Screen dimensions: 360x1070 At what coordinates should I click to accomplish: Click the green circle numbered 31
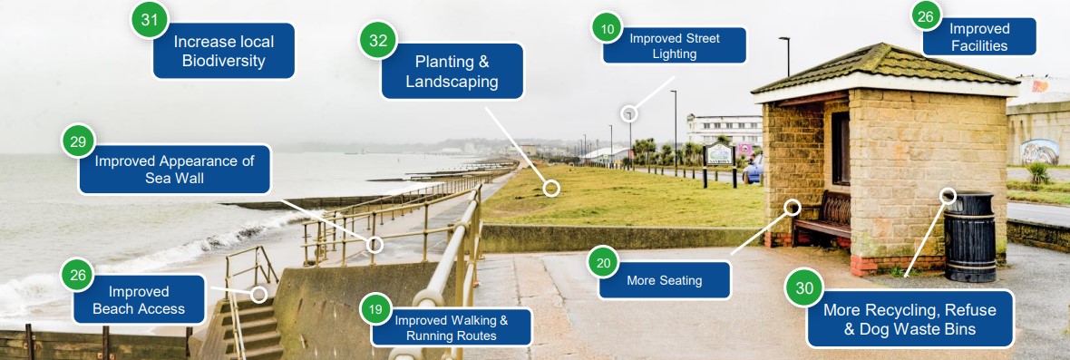pos(151,19)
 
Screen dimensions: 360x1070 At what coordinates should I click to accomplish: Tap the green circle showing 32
pos(379,41)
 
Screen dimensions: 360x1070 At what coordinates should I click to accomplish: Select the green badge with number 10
pos(608,29)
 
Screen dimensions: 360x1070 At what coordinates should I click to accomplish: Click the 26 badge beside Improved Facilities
pos(925,15)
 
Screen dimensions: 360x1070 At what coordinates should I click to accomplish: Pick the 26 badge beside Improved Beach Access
pos(78,276)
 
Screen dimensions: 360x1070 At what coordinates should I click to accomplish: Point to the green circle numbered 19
pos(375,309)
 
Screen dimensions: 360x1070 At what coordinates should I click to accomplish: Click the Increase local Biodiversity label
pos(223,52)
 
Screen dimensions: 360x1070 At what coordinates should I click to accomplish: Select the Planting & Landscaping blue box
pos(452,72)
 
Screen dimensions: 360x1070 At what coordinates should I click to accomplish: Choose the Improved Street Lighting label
pos(675,46)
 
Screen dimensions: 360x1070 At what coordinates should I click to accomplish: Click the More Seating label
pos(665,281)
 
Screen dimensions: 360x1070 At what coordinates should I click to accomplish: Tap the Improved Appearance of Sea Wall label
pos(175,170)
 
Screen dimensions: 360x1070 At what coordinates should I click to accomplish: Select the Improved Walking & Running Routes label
pos(452,327)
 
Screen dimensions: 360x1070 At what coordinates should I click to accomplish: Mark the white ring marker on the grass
pos(550,188)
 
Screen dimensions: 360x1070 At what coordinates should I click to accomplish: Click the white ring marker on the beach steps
pos(258,294)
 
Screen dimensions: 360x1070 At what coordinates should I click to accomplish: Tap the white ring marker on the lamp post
pos(629,113)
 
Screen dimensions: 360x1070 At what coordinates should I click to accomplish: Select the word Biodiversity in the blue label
pos(223,62)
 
